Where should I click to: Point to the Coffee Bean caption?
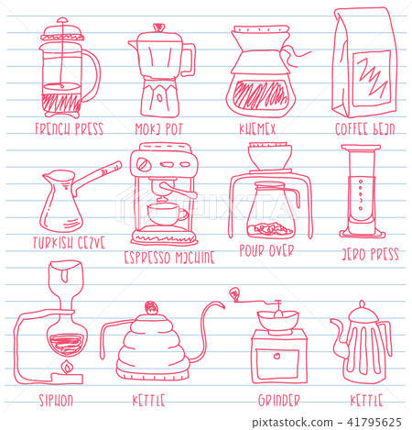(x=364, y=128)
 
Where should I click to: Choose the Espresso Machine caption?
(x=168, y=258)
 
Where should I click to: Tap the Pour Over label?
(x=266, y=249)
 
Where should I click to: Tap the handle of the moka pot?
(x=189, y=60)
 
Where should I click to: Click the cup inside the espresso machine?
(x=165, y=214)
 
